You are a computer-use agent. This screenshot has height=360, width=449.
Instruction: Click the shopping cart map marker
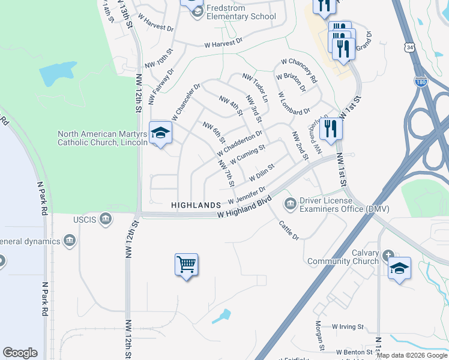(x=186, y=263)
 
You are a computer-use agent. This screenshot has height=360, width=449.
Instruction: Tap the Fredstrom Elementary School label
(x=241, y=13)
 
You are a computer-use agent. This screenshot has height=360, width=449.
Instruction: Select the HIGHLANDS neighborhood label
(x=196, y=205)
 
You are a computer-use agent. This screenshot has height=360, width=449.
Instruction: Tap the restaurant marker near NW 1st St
(x=331, y=128)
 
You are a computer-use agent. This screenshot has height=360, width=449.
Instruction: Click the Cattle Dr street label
(x=289, y=229)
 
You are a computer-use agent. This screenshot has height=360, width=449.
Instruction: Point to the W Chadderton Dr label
(x=240, y=142)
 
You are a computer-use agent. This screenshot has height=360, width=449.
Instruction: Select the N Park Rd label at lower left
(x=44, y=299)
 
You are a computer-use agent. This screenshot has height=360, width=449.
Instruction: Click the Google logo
(x=20, y=353)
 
